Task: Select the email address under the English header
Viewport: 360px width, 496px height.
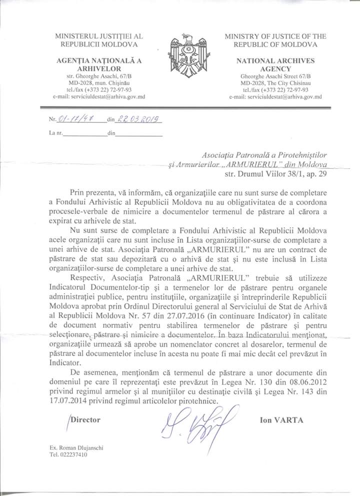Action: coord(275,96)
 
